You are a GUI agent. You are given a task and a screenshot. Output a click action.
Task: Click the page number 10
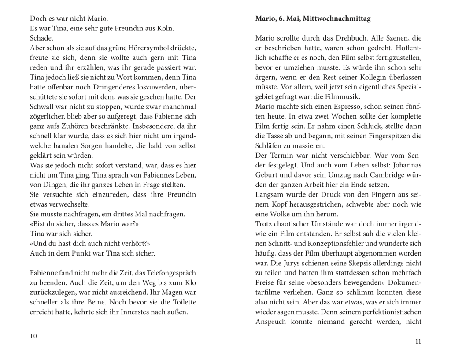click(x=33, y=336)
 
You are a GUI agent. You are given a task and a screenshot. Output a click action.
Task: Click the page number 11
click(x=419, y=341)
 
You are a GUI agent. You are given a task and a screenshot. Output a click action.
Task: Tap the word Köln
click(x=164, y=29)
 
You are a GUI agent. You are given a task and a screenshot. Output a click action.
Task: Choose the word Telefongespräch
click(x=169, y=274)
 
